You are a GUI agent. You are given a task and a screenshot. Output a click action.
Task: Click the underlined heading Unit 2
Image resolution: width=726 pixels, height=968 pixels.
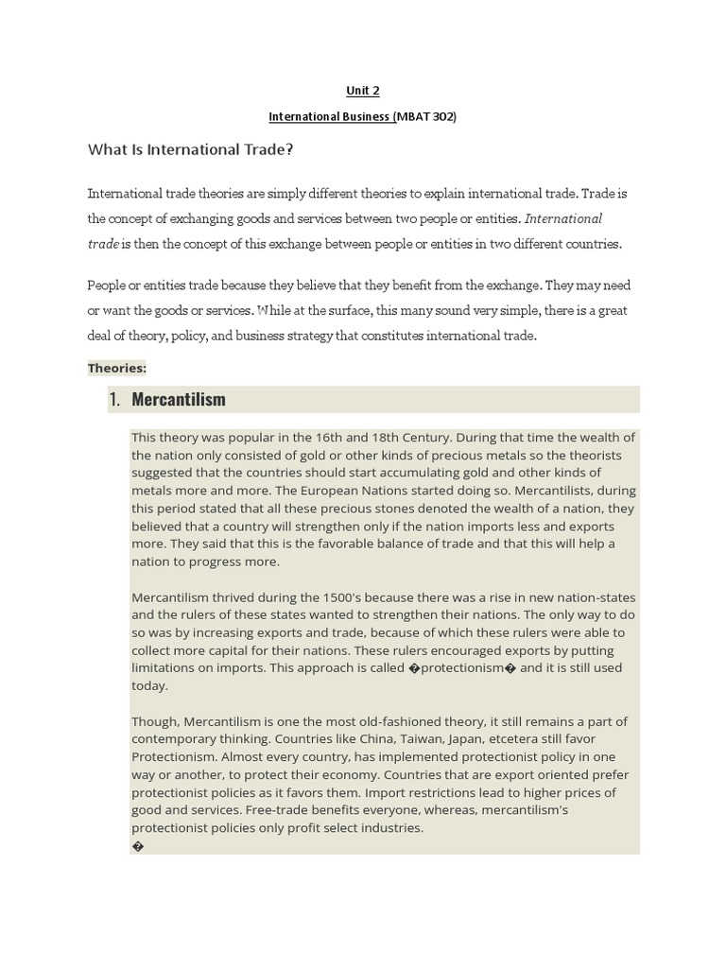click(362, 92)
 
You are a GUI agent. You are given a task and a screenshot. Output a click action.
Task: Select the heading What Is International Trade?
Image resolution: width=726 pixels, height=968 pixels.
click(191, 149)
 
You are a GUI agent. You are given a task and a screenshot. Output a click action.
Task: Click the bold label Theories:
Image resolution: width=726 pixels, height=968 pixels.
click(117, 368)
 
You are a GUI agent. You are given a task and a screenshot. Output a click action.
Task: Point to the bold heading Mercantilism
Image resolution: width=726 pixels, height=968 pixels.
click(179, 399)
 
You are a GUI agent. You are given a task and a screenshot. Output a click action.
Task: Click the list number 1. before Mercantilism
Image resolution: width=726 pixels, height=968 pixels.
click(114, 399)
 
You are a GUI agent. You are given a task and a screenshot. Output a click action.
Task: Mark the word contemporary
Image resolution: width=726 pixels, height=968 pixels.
click(178, 738)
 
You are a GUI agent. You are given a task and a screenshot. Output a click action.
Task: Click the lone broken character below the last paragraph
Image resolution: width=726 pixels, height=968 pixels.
click(138, 846)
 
